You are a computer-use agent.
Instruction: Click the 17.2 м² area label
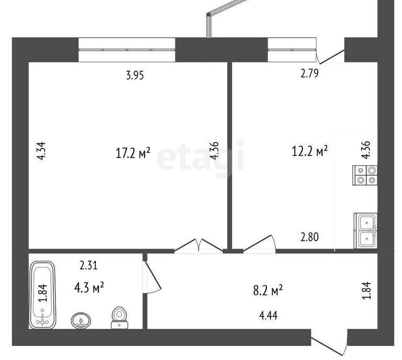click(x=133, y=153)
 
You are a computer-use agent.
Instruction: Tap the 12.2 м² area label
click(x=310, y=151)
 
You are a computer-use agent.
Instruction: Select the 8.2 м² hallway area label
click(x=268, y=291)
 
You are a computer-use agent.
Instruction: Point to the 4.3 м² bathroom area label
click(x=89, y=288)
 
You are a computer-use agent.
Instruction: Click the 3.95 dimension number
click(x=135, y=75)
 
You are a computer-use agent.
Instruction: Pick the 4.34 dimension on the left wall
click(x=41, y=151)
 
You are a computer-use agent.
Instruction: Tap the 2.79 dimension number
click(x=310, y=74)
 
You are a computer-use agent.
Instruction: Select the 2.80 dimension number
click(x=310, y=237)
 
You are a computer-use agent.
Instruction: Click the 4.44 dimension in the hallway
click(x=269, y=316)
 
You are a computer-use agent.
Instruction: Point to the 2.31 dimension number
click(x=88, y=265)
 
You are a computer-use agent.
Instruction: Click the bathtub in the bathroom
click(x=42, y=295)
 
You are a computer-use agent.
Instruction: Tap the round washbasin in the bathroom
click(x=81, y=320)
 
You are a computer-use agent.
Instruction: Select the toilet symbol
click(x=119, y=318)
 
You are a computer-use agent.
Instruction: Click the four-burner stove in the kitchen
click(x=365, y=175)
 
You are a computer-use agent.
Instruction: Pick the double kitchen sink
click(x=366, y=231)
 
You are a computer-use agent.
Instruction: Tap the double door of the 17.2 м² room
click(x=199, y=245)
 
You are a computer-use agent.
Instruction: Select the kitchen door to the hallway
click(x=259, y=243)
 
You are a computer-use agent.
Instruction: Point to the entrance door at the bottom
click(x=329, y=343)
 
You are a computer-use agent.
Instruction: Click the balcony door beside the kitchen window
click(x=330, y=57)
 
